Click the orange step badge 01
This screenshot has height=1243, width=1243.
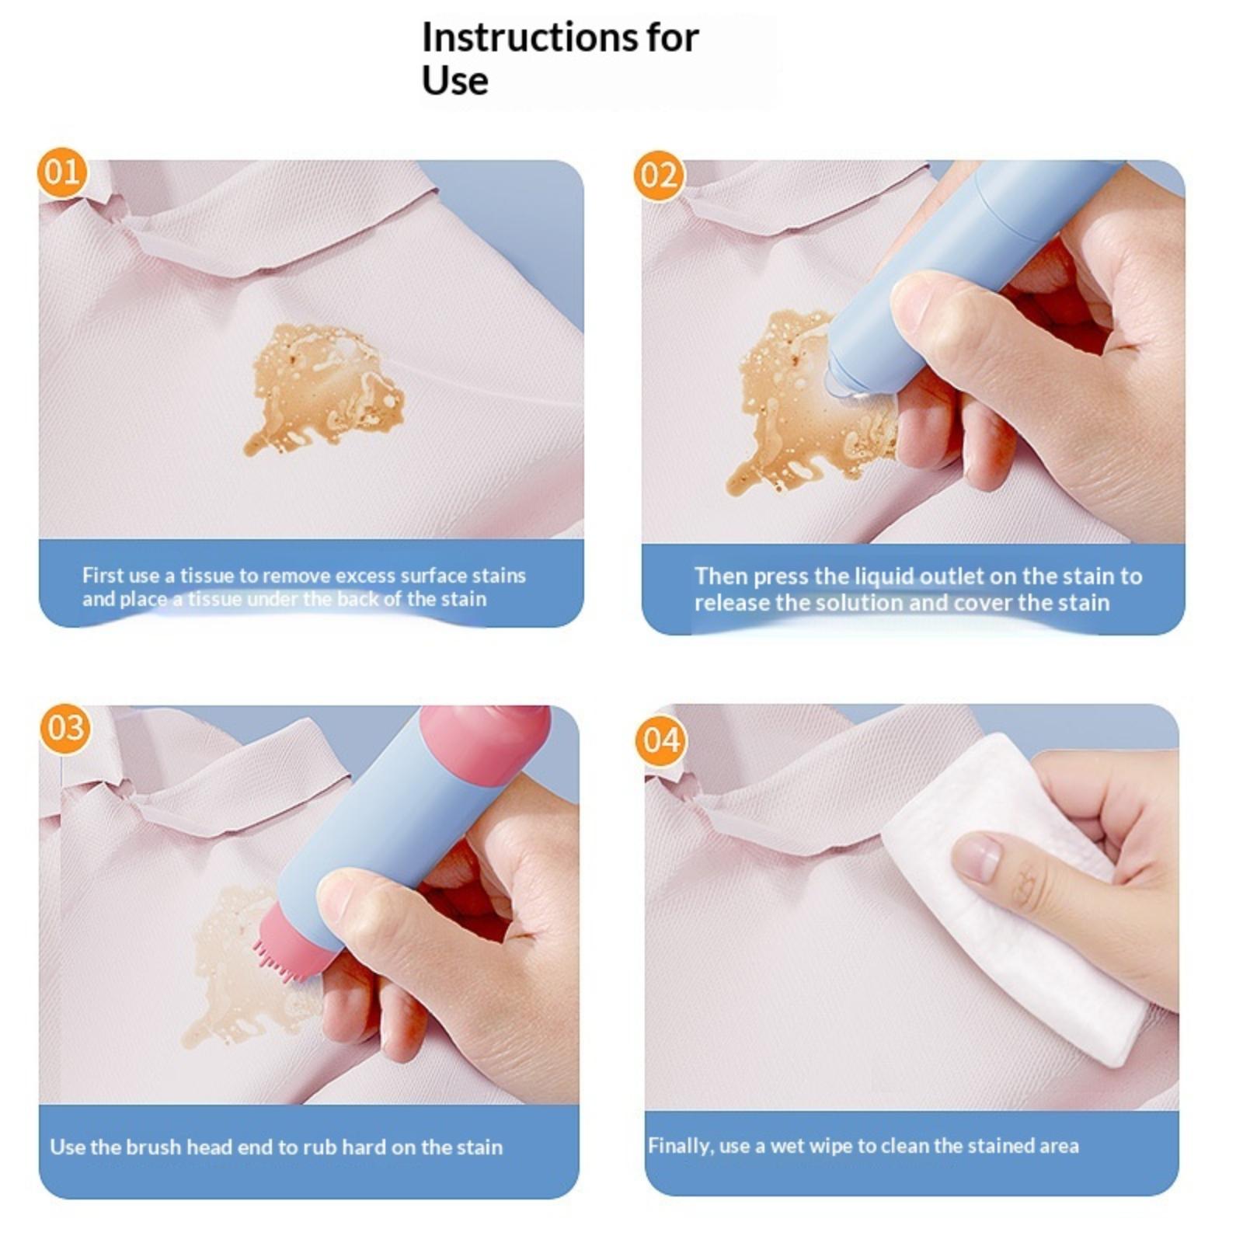click(x=63, y=172)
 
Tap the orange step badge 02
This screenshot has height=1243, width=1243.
click(x=660, y=176)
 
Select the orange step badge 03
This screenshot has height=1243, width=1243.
click(x=65, y=728)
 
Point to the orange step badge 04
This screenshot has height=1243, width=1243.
click(x=661, y=740)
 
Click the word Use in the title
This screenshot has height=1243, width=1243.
click(x=454, y=80)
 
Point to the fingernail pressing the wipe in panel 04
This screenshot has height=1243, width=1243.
click(x=978, y=858)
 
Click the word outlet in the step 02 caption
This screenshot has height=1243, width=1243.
click(x=958, y=576)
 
